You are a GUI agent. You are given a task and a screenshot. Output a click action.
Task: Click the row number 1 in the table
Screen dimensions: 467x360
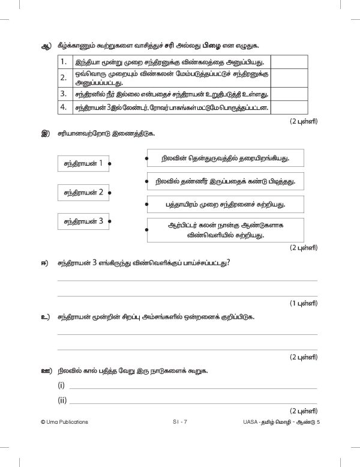pos(63,62)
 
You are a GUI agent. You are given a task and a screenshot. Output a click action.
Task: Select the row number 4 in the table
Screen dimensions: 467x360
pos(63,108)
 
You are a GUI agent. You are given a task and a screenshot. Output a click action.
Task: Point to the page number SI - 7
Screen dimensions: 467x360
pos(179,422)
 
